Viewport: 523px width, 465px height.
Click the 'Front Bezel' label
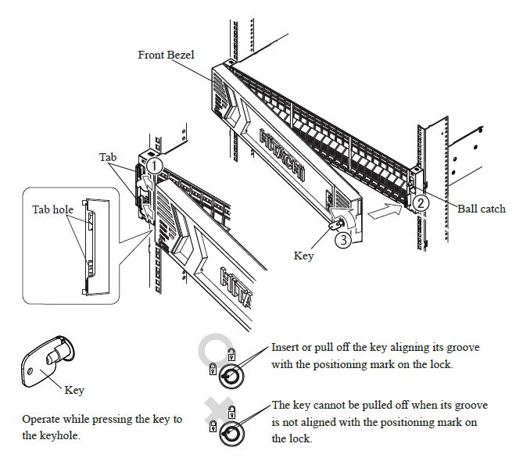(165, 55)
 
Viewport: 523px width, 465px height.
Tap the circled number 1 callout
(155, 166)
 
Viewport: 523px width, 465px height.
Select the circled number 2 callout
(421, 202)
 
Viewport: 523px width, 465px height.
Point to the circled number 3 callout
(342, 240)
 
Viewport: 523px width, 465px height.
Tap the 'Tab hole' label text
(52, 209)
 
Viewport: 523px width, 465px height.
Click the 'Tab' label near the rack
(108, 157)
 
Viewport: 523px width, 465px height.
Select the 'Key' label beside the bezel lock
(303, 255)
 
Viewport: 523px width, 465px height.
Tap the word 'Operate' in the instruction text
(43, 420)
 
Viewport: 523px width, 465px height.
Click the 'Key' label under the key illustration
(75, 390)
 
